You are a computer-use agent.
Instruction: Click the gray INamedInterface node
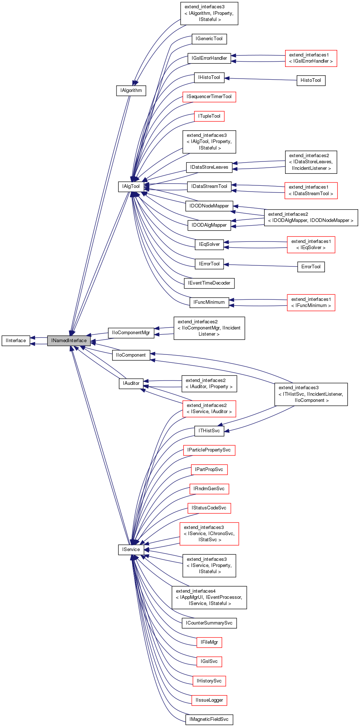pos(69,341)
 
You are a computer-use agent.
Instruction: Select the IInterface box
pos(16,341)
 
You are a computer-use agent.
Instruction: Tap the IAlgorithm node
pos(131,91)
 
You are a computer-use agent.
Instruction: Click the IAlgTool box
pos(131,186)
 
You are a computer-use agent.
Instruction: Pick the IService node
pos(131,550)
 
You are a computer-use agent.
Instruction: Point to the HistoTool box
pos(311,80)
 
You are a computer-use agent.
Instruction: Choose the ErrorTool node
pos(311,267)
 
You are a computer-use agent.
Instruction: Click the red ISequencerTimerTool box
pos(209,97)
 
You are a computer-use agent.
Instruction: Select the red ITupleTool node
pos(209,116)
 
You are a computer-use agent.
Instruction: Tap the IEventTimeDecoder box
pos(209,283)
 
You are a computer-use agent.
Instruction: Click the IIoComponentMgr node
pos(131,333)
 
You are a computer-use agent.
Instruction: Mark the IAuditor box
pos(131,383)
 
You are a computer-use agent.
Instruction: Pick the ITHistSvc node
pos(209,431)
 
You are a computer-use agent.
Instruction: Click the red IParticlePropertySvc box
pos(209,450)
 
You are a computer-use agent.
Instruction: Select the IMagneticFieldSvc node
pos(209,719)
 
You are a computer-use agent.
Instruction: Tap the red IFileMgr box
pos(209,642)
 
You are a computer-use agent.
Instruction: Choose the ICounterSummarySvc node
pos(209,623)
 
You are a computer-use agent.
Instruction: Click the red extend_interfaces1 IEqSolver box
pos(311,244)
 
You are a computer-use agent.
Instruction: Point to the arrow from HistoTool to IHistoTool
pos(261,79)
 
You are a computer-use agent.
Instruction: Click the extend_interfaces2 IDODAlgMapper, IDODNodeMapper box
pos(311,218)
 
